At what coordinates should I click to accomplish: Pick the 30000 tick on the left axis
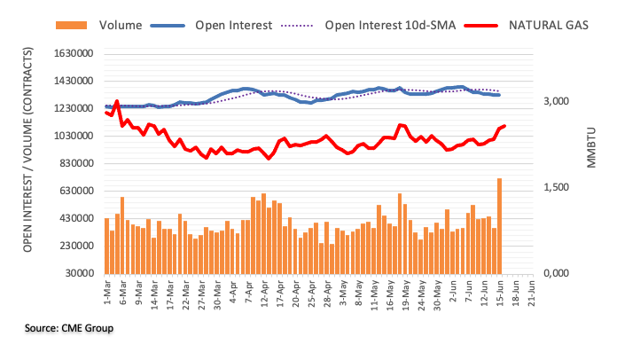pos(79,273)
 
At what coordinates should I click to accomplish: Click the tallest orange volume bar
pos(500,226)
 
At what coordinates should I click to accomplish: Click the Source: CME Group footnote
pos(69,328)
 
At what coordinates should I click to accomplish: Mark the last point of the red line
pos(504,127)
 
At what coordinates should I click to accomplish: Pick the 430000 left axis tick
pos(75,218)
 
